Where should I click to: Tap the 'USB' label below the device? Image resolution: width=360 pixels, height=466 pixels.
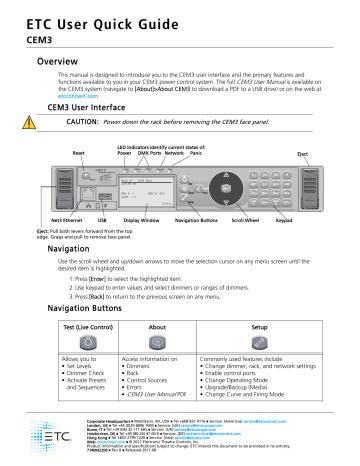(x=101, y=215)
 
